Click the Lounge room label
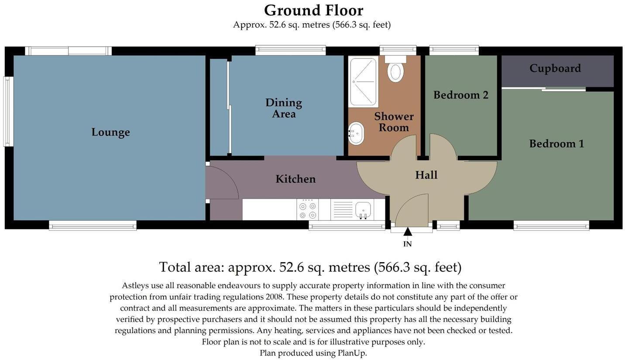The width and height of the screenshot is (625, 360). [110, 132]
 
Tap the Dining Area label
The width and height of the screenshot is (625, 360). [284, 108]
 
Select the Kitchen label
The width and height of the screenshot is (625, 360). [295, 179]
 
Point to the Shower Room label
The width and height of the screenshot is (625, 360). [394, 122]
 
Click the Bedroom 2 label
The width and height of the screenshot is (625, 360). [461, 95]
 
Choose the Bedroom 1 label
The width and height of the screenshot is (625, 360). [556, 144]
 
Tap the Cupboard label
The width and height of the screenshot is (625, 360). [555, 69]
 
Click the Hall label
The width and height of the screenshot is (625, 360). [426, 175]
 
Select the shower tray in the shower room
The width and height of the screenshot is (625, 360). [363, 82]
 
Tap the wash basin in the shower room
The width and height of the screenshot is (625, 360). [356, 133]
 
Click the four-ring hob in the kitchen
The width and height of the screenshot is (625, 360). [307, 210]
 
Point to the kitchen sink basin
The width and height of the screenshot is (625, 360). [363, 210]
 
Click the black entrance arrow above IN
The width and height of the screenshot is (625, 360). [408, 232]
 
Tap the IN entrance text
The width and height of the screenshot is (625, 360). [408, 244]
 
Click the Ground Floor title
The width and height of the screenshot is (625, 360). [314, 10]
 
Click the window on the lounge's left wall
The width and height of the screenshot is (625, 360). [8, 112]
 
